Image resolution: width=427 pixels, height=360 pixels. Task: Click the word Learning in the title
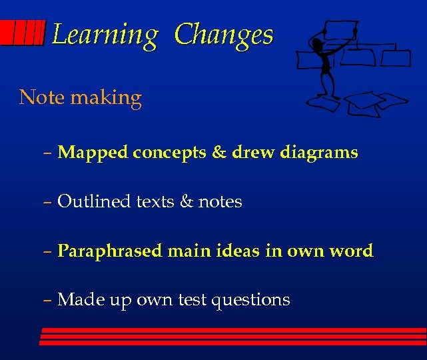point(105,35)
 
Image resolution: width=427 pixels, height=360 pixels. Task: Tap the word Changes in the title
point(224,35)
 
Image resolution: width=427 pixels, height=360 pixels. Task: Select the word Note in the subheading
point(42,97)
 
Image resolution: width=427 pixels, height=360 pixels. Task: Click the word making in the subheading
point(106,99)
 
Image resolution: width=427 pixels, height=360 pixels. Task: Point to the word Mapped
point(93,153)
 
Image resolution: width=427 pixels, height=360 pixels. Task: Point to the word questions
point(250,301)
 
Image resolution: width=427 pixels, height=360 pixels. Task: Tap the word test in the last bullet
point(193,300)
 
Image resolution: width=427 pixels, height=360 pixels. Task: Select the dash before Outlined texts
point(49,202)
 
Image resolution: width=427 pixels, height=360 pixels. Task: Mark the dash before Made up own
point(49,301)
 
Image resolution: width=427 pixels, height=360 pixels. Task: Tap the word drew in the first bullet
point(253,153)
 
